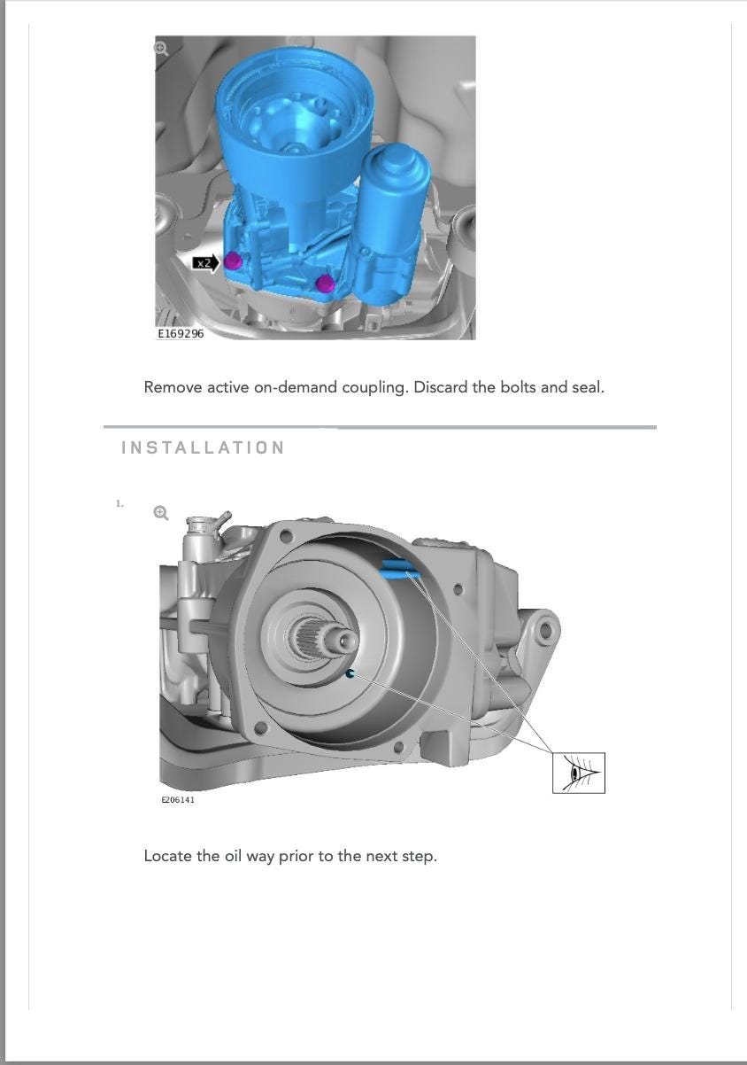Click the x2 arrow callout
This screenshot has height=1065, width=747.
click(x=205, y=262)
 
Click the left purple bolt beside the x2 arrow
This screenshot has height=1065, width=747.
click(x=233, y=260)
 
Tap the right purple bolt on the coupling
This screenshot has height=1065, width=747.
click(x=326, y=283)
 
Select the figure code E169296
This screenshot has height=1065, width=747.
click(x=181, y=333)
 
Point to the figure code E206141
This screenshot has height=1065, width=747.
click(x=178, y=799)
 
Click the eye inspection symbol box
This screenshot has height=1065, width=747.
click(x=579, y=773)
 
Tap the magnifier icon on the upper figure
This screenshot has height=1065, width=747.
click(x=161, y=49)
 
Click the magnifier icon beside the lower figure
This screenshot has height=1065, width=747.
click(x=161, y=512)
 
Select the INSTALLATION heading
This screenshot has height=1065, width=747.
click(x=203, y=447)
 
